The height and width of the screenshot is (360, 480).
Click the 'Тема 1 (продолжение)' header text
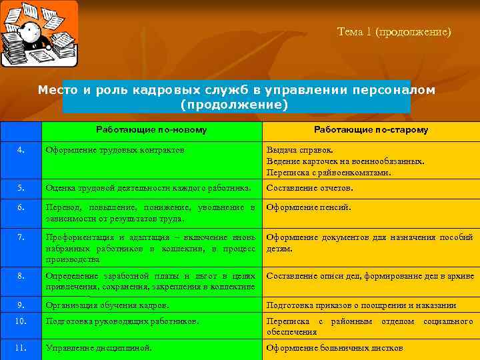coord(394,31)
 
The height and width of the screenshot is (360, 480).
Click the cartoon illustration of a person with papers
coord(39,34)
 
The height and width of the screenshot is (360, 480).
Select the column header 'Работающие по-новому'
coord(151,130)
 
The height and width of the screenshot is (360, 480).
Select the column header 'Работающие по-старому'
coord(371,130)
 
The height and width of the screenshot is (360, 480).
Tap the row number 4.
coord(21,150)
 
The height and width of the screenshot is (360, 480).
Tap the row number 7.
coord(21,237)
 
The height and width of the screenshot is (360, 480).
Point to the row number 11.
coord(21,348)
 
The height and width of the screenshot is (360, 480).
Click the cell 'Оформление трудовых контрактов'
coord(115,150)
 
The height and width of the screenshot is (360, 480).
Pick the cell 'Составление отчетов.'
coord(310,188)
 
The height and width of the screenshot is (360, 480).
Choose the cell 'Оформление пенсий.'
coord(308,207)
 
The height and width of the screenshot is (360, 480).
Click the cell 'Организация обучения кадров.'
coord(107,305)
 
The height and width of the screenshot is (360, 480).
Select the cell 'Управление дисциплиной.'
coord(99,348)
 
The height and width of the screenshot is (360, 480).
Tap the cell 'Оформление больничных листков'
coord(335,348)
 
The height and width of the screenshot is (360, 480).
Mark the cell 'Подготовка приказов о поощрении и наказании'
coord(361,305)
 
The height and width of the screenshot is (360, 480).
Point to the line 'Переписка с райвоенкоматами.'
coord(329,173)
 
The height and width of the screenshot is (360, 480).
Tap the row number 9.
coord(21,305)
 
